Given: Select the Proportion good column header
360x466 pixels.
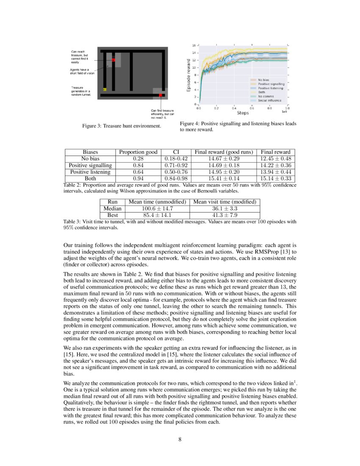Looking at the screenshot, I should pos(138,152).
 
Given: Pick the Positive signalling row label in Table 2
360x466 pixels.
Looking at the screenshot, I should pos(90,165).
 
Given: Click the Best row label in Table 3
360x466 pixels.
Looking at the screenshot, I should pos(113,216).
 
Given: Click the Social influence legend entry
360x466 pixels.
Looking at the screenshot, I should pos(269,100).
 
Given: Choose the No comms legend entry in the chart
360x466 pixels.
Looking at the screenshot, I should pos(266,96).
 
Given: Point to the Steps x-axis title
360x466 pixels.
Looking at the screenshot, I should pos(243,113).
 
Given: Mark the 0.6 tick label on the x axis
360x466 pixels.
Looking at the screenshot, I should pos(252,108).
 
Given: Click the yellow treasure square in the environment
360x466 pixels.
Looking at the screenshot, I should pos(104,89).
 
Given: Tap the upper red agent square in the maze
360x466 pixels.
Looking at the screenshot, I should pos(114,61).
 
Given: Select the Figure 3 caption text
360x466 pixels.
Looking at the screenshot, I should pos(122,126).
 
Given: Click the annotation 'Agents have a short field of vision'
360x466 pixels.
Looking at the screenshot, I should pos(82,71).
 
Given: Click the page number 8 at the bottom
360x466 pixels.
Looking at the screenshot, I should pos(180,439).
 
